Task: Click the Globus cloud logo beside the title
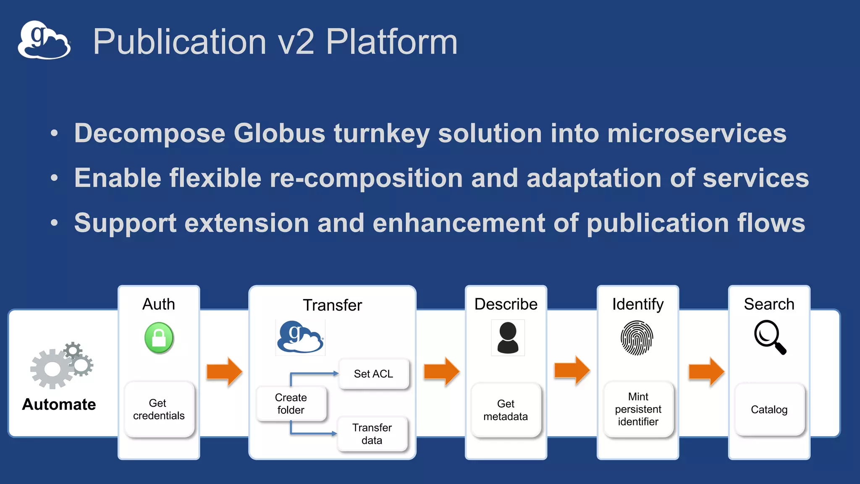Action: point(44,40)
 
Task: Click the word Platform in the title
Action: point(391,42)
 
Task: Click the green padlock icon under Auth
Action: point(159,337)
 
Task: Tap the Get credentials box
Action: point(159,409)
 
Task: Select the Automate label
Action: point(59,404)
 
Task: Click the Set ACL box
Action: point(373,374)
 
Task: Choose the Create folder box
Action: point(291,403)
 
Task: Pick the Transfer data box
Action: point(372,434)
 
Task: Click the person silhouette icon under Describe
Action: point(508,337)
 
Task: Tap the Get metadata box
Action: point(506,410)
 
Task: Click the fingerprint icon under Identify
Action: point(637,338)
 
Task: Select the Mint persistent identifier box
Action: point(638,409)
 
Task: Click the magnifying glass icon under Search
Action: point(769,337)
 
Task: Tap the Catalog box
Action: point(769,410)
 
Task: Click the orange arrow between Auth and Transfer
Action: point(224,371)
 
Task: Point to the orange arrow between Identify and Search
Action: point(706,371)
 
